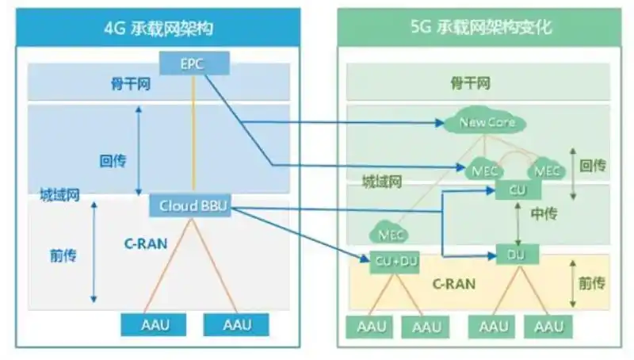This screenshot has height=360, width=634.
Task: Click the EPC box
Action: click(193, 63)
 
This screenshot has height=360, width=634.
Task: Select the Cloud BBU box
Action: click(193, 205)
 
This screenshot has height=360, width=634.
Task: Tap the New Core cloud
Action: click(487, 123)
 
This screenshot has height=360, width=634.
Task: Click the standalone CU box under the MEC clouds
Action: click(517, 190)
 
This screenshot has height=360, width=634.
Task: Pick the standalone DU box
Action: click(517, 255)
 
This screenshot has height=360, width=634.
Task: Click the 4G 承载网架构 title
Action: click(158, 29)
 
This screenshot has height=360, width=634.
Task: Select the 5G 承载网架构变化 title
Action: click(481, 29)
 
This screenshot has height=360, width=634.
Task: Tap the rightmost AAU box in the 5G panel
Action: click(548, 326)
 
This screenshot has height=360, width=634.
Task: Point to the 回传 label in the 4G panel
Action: click(113, 159)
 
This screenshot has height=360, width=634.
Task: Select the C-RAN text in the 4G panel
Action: click(145, 243)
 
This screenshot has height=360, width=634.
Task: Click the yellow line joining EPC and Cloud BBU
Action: click(193, 135)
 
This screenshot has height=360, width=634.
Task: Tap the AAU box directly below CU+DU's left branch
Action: click(371, 326)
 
